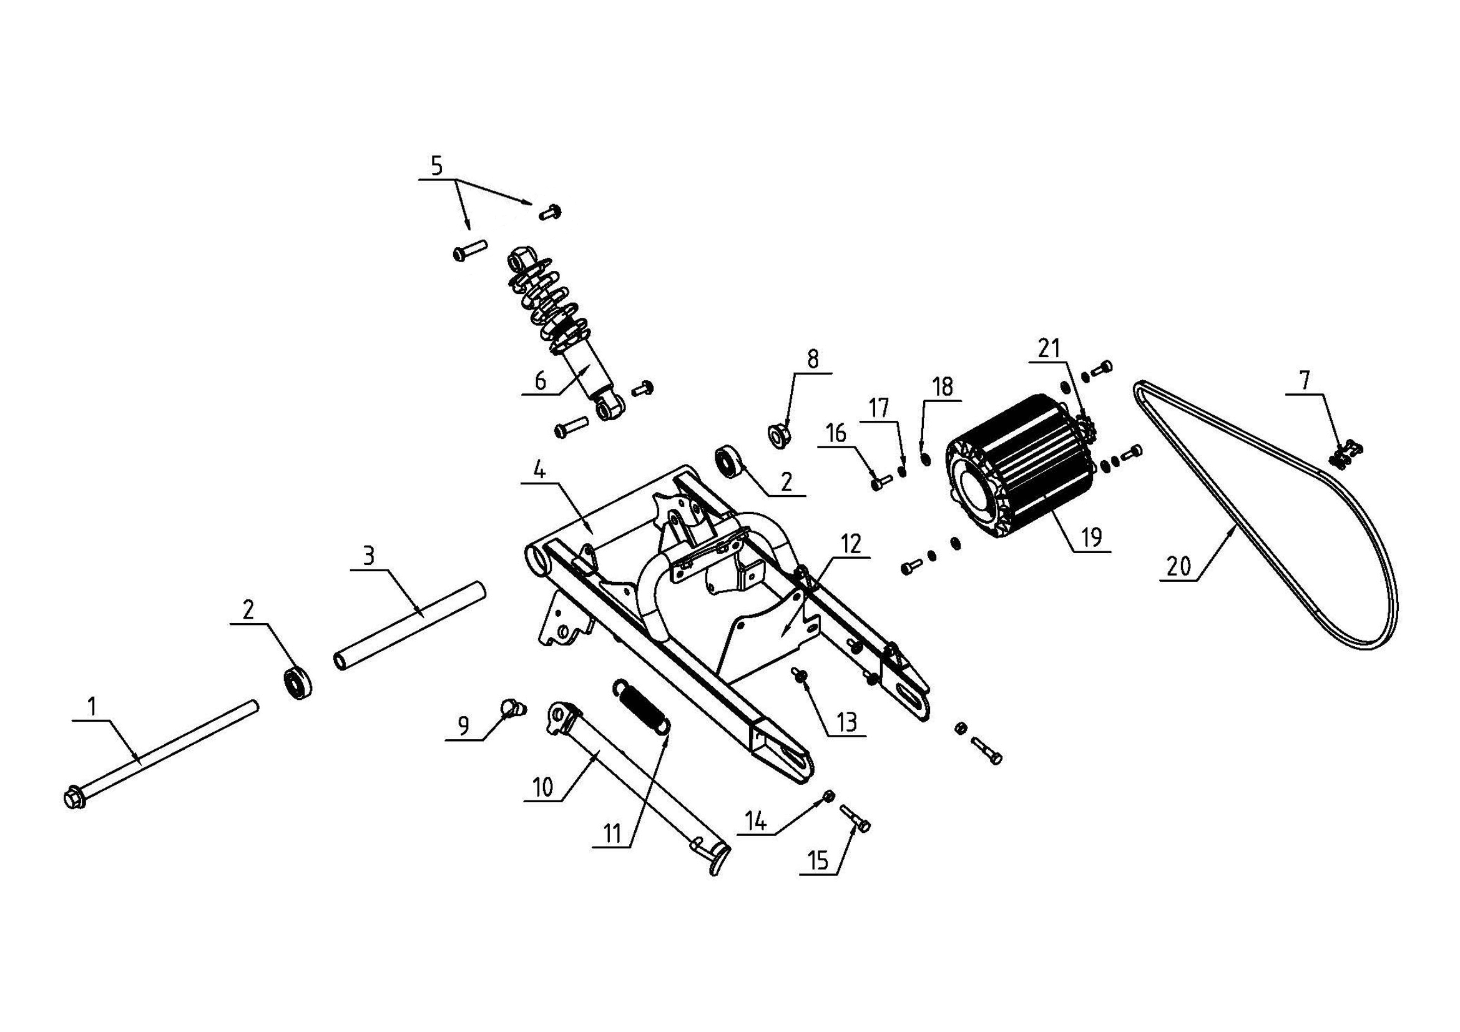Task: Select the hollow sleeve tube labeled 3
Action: (x=410, y=624)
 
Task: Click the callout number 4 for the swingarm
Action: (x=539, y=471)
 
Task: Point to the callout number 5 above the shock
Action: (x=436, y=166)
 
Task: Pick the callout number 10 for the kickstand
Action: (x=542, y=788)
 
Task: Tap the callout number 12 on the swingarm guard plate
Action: (x=851, y=544)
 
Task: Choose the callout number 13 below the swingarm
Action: (x=848, y=722)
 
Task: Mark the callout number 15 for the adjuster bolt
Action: (x=819, y=860)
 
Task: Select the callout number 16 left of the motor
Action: (x=836, y=434)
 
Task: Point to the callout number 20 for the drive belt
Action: (x=1178, y=565)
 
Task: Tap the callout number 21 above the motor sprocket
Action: (x=1049, y=348)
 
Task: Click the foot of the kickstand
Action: (x=717, y=866)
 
